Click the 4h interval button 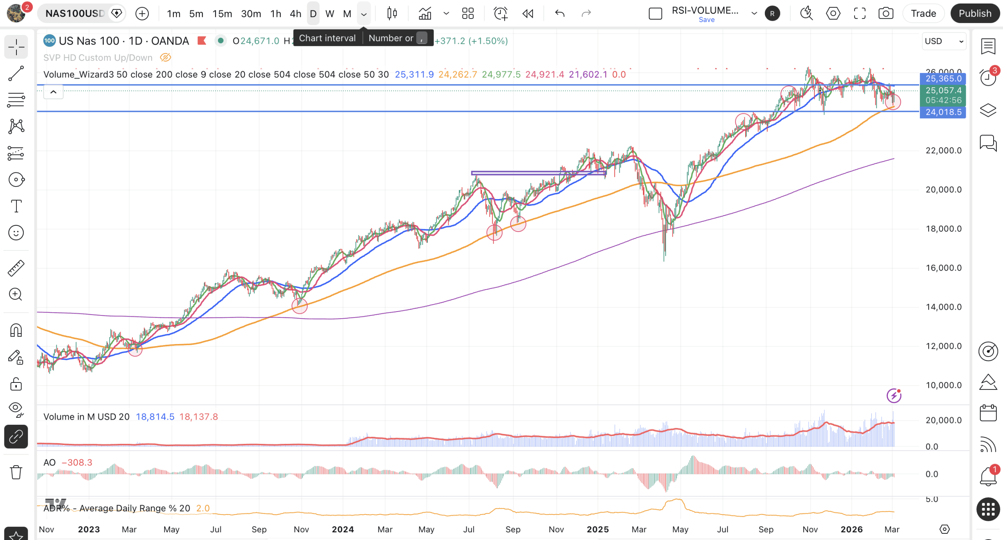(x=295, y=14)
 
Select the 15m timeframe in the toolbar (x=222, y=14)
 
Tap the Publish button (x=975, y=13)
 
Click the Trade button (x=923, y=13)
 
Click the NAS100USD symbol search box (x=75, y=13)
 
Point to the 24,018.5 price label (x=943, y=112)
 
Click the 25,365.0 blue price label (x=943, y=78)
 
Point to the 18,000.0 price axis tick (x=943, y=229)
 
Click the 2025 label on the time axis (x=597, y=529)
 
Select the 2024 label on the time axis (x=343, y=529)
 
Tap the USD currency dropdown (x=944, y=41)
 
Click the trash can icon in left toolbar (x=16, y=472)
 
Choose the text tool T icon (x=16, y=206)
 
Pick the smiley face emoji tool (x=16, y=233)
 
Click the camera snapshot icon (x=885, y=13)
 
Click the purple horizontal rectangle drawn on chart (x=538, y=173)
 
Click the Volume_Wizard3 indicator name (x=79, y=74)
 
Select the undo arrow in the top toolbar (x=559, y=14)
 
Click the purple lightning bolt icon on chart (x=894, y=395)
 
